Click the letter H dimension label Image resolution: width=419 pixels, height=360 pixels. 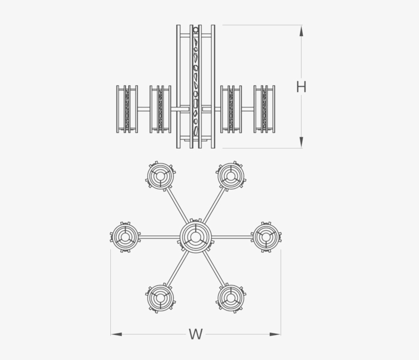tap(301, 87)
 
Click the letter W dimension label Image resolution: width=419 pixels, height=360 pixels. tap(196, 334)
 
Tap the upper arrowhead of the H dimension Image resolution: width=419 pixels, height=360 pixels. tap(301, 31)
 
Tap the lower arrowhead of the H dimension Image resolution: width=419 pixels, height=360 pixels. tap(301, 142)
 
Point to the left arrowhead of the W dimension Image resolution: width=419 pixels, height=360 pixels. tap(116, 334)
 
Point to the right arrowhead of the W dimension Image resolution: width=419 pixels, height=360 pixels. tap(275, 334)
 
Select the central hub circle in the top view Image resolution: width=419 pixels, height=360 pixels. tap(196, 236)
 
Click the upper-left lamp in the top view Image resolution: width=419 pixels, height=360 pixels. tap(160, 176)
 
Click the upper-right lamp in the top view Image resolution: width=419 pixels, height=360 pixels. tap(230, 176)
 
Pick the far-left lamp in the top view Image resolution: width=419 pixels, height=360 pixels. tap(125, 237)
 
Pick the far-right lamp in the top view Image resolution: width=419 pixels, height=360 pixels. tap(266, 237)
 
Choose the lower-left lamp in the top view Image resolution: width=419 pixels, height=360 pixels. tap(160, 298)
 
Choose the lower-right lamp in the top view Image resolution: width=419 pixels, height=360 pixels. tap(230, 298)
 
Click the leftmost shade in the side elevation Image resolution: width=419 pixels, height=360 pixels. tap(127, 109)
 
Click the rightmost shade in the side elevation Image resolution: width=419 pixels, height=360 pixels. tap(264, 109)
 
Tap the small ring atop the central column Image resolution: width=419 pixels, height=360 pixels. tap(196, 29)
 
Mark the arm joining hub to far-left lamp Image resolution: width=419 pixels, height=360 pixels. tap(160, 237)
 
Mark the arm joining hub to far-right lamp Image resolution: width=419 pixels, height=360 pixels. tap(231, 237)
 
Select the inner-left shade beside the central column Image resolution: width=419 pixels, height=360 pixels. tap(160, 109)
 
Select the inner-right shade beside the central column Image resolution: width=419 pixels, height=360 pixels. tap(231, 109)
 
